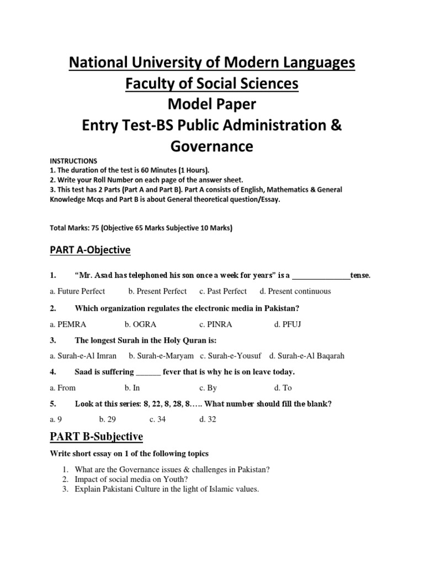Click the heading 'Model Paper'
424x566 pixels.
pyautogui.click(x=211, y=104)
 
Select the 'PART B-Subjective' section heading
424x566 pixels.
pyautogui.click(x=96, y=437)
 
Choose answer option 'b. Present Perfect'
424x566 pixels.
pyautogui.click(x=157, y=291)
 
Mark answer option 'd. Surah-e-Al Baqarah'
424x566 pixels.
pyautogui.click(x=306, y=356)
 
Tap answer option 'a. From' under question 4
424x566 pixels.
pyautogui.click(x=62, y=387)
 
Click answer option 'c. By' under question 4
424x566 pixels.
pyautogui.click(x=208, y=387)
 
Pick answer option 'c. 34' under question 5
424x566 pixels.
pyautogui.click(x=157, y=420)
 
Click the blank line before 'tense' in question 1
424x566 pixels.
pyautogui.click(x=321, y=276)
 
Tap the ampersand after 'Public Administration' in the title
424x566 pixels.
pyautogui.click(x=335, y=125)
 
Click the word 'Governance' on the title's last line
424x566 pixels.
pyautogui.click(x=211, y=146)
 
